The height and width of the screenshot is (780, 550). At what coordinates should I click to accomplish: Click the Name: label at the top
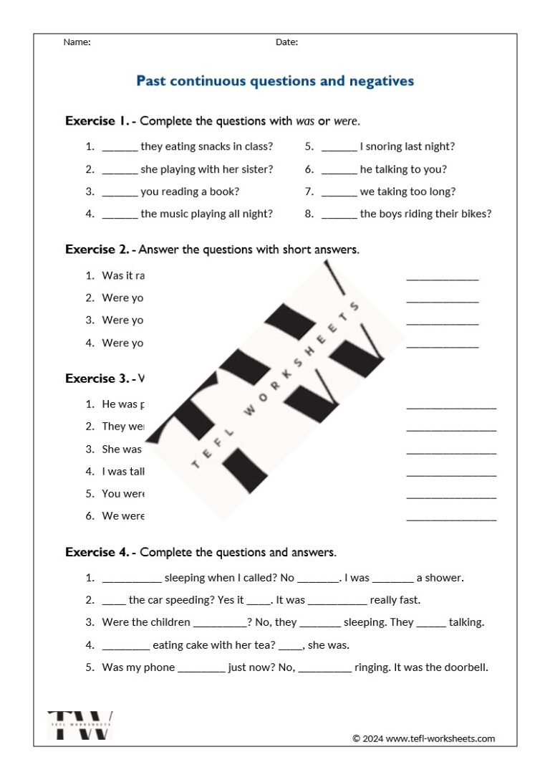[x=77, y=42]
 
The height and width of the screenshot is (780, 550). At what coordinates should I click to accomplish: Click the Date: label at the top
[x=286, y=42]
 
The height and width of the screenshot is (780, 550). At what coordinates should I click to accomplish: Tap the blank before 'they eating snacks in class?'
[x=120, y=148]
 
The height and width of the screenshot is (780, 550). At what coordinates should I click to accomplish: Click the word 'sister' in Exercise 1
[x=256, y=170]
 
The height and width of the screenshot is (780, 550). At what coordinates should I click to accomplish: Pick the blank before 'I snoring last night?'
[x=339, y=148]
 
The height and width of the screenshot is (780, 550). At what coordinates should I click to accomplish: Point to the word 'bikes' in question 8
[x=475, y=214]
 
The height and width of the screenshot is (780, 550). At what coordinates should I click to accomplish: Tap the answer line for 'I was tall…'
[x=450, y=474]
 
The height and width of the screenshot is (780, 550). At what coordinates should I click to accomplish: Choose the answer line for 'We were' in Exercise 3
[x=450, y=518]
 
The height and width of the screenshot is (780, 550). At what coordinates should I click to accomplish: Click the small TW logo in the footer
[x=80, y=725]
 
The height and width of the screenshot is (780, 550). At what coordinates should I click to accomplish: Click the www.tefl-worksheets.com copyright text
[x=423, y=738]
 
